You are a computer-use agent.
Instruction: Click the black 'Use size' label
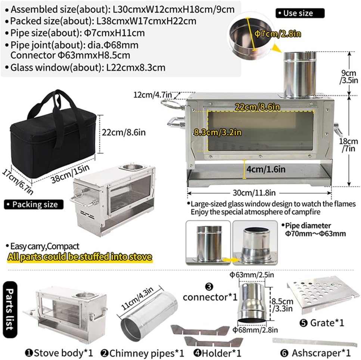click(x=300, y=13)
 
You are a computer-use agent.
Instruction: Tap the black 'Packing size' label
click(x=34, y=204)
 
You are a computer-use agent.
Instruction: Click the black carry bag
click(x=53, y=136)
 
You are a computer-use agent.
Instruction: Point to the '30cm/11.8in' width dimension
click(x=254, y=193)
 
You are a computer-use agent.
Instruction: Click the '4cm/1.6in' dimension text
click(x=266, y=169)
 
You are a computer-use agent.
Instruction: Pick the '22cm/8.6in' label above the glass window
click(x=257, y=107)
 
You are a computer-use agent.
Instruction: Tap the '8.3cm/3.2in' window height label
click(x=217, y=132)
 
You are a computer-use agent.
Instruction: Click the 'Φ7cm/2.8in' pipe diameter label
click(x=278, y=34)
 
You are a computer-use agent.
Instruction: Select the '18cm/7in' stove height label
click(x=348, y=145)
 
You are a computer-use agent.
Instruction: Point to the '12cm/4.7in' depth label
click(x=153, y=95)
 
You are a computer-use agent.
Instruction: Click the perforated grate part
click(x=323, y=294)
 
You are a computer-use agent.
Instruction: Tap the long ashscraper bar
click(x=315, y=342)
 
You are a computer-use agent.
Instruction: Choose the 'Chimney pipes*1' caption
click(x=143, y=353)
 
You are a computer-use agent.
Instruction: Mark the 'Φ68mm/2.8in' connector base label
click(x=255, y=330)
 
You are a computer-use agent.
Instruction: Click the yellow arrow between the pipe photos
click(x=231, y=260)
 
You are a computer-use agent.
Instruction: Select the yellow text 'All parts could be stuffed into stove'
click(x=80, y=257)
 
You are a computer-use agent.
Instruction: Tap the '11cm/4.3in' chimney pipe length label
click(x=137, y=298)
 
